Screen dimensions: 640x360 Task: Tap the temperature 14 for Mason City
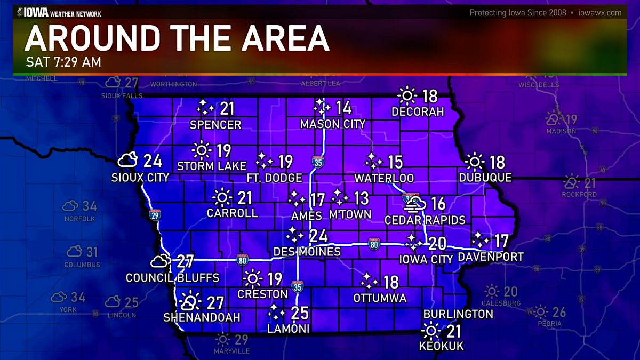(343, 108)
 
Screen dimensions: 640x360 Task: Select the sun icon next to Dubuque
(474, 161)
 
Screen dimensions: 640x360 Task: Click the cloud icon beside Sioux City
(129, 160)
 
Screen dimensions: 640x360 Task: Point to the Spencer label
(216, 125)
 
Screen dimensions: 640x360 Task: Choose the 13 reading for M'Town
(361, 199)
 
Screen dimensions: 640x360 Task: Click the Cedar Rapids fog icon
(417, 203)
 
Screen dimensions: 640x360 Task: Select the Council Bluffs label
(172, 278)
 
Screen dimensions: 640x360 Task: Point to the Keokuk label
(441, 347)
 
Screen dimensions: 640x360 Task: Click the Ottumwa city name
(380, 298)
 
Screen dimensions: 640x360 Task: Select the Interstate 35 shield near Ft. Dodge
(317, 162)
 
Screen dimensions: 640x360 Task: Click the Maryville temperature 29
(241, 339)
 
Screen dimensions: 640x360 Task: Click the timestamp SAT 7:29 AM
(63, 62)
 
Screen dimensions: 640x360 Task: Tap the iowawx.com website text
(600, 13)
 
